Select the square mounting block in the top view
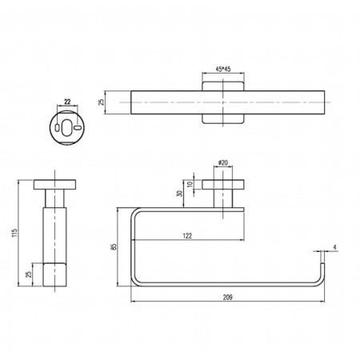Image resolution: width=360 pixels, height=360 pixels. (221, 102)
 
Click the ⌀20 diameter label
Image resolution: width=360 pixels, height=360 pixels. (223, 163)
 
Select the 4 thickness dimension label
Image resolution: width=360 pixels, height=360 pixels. (334, 246)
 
